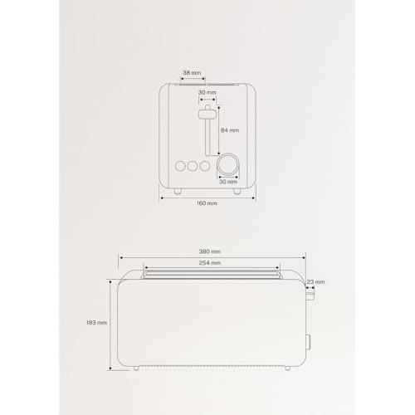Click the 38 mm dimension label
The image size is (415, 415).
192,73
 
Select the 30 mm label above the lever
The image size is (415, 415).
207,92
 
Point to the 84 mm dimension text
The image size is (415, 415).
230,130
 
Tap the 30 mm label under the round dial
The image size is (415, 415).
228,182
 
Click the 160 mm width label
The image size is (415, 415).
207,203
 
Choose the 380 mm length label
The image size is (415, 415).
210,251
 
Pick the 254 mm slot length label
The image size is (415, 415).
210,263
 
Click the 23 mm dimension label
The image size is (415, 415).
315,282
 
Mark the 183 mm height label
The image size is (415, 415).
96,323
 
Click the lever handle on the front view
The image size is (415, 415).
207,115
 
